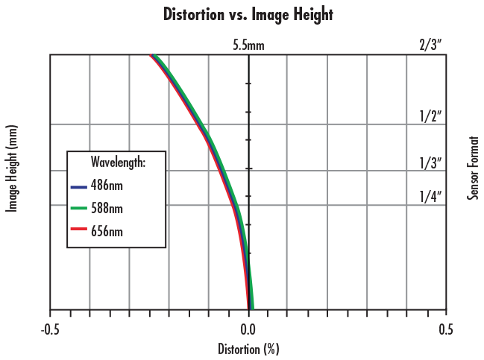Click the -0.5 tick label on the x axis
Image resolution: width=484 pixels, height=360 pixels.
pos(50,329)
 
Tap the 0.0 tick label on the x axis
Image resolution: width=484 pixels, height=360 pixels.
pos(248,329)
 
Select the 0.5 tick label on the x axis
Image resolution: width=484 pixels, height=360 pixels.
pos(445,329)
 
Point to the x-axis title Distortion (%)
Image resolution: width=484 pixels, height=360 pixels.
pos(248,348)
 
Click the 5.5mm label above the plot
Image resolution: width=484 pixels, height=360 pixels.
pos(248,46)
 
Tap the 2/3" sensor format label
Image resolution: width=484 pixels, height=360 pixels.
pos(431,46)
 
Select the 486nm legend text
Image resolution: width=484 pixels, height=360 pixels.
pos(107,186)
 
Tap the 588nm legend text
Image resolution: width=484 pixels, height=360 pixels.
pos(107,209)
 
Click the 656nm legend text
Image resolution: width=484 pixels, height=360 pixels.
pos(107,232)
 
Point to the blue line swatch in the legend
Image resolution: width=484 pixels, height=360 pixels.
pos(78,186)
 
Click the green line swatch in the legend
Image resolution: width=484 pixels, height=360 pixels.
pos(78,209)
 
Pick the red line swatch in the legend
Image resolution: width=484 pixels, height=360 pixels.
pos(78,232)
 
